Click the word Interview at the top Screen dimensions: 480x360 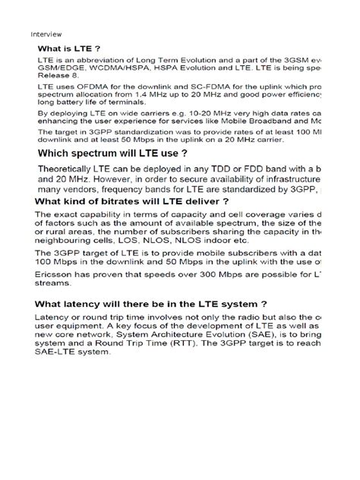pyautogui.click(x=46, y=35)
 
